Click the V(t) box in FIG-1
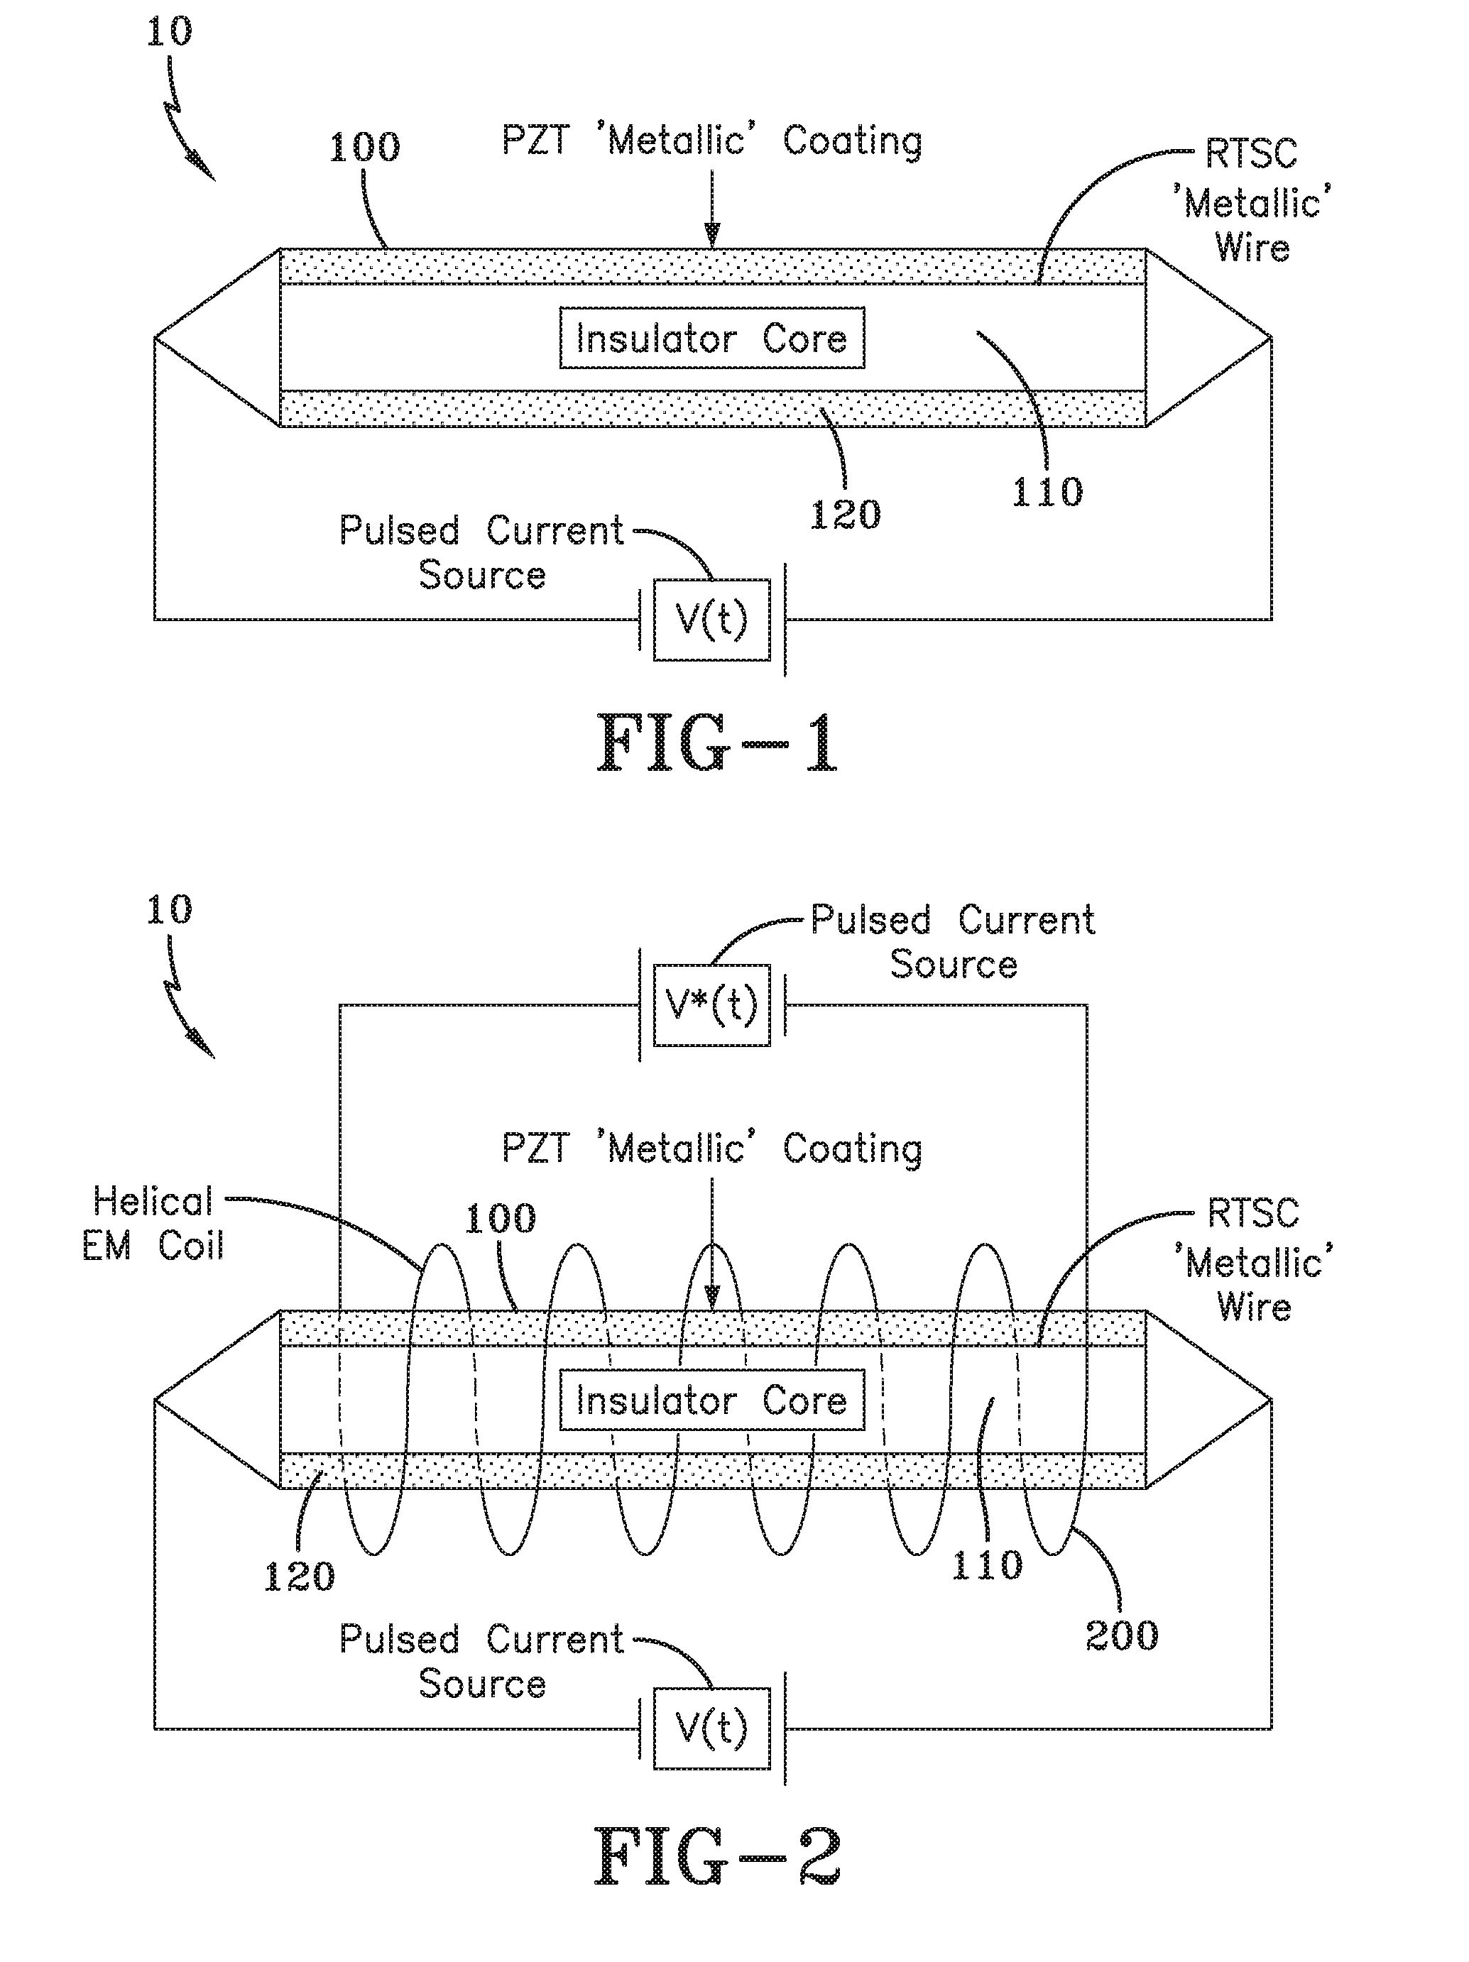(711, 619)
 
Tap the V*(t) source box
(711, 1005)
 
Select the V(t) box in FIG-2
(711, 1728)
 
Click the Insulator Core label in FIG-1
(711, 338)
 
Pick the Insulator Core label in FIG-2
(711, 1401)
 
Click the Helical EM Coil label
(153, 1224)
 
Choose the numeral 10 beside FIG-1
(168, 32)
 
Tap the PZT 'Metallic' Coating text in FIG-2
(711, 1149)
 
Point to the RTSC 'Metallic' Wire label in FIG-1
(1252, 202)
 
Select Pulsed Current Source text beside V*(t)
(953, 942)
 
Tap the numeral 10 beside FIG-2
(168, 910)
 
